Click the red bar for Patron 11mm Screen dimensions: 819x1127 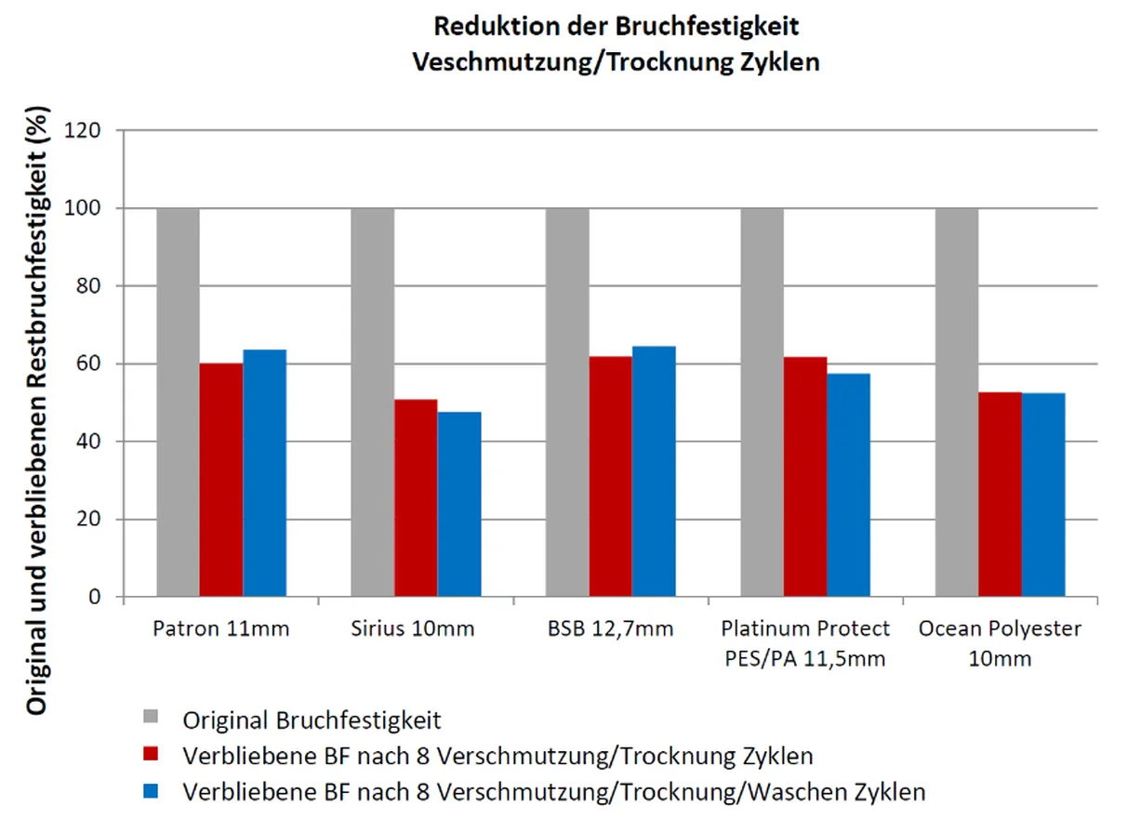click(x=221, y=480)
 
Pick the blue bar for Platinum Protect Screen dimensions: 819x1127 click(x=848, y=484)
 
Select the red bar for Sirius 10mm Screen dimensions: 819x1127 click(x=416, y=497)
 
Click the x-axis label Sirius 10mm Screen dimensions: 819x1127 click(x=416, y=629)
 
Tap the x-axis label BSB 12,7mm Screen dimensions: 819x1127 click(x=610, y=629)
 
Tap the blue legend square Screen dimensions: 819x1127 click(x=152, y=791)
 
